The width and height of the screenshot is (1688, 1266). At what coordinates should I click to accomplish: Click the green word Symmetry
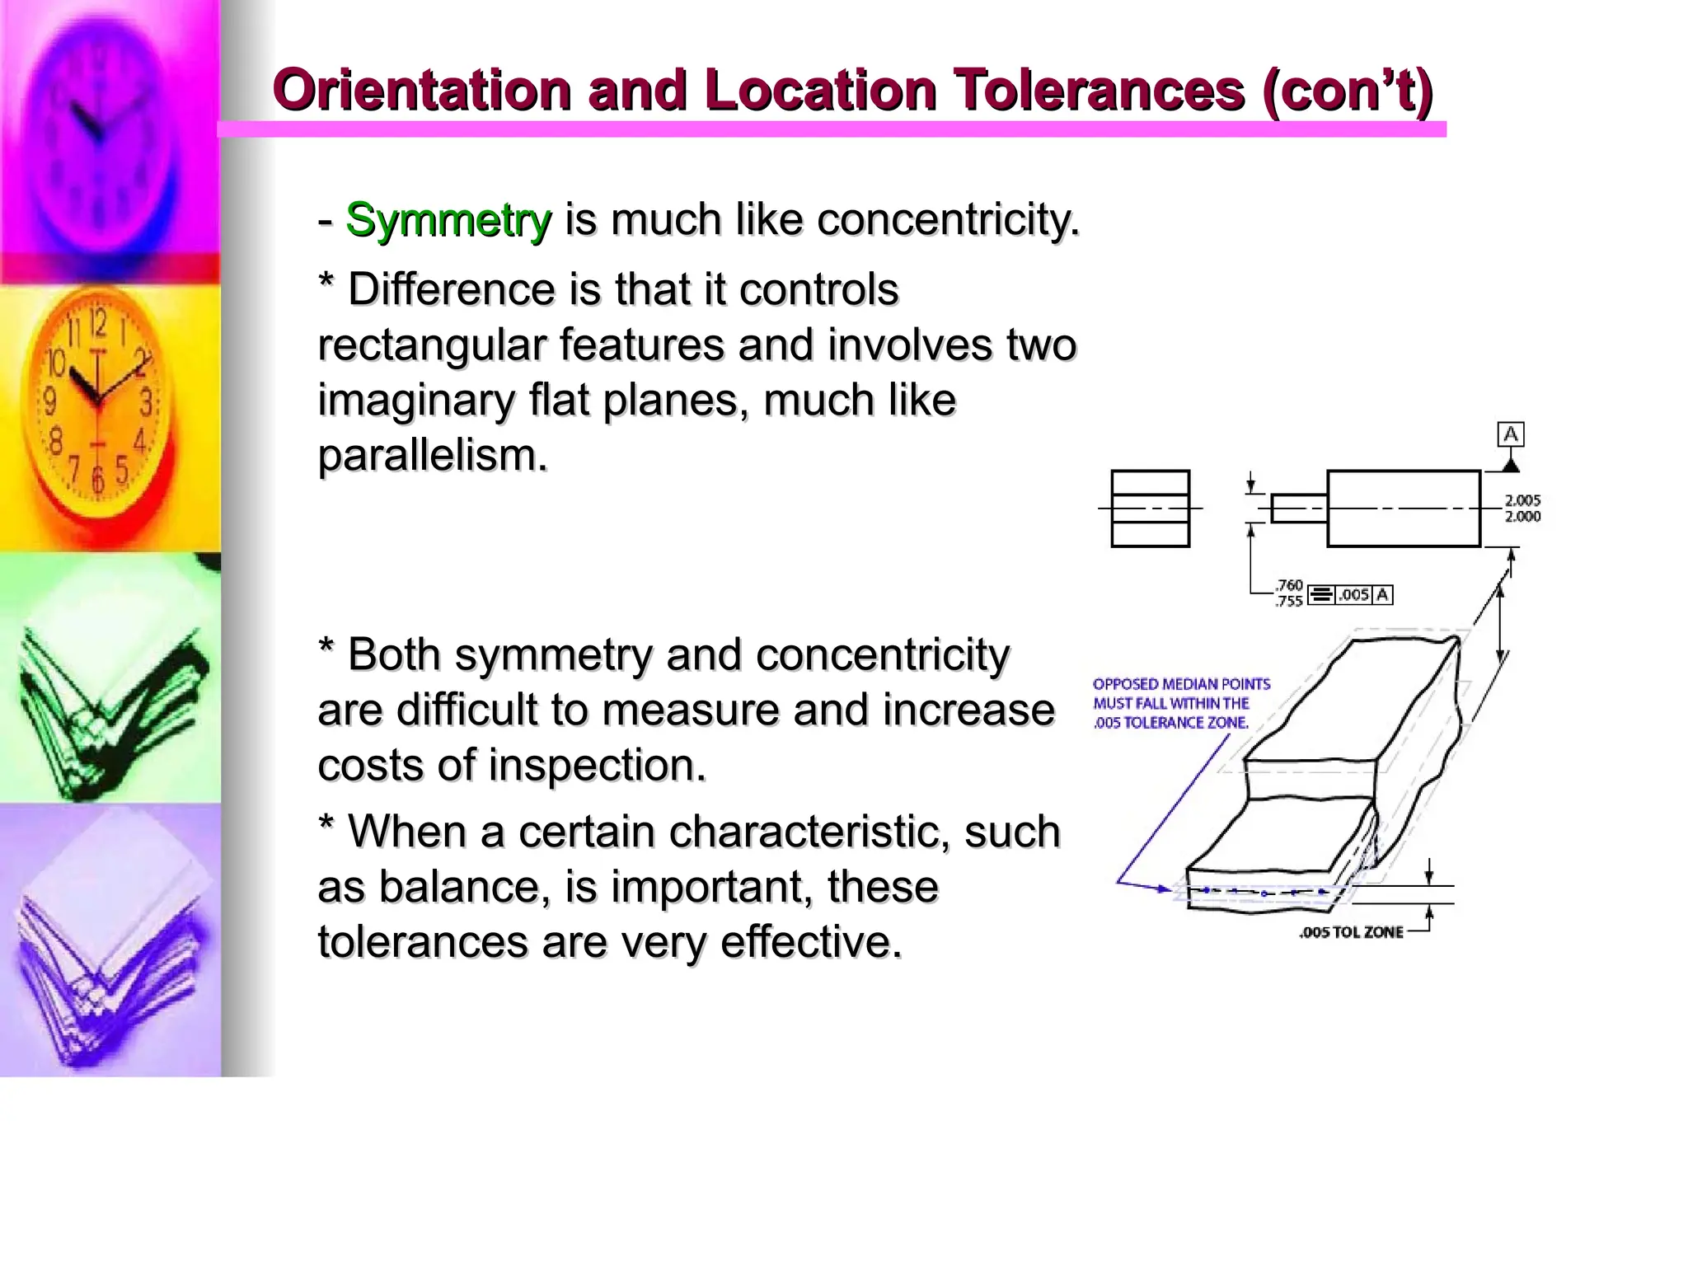click(x=448, y=221)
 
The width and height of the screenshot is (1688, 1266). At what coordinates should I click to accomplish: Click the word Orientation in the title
click(x=422, y=90)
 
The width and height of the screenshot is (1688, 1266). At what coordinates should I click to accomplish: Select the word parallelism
click(x=433, y=456)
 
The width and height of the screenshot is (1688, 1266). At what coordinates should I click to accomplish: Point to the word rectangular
click(x=431, y=345)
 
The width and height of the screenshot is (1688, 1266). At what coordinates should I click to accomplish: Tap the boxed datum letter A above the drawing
click(x=1510, y=434)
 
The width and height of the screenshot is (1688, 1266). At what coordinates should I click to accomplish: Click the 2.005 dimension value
click(x=1522, y=500)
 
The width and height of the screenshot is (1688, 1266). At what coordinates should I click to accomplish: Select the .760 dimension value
click(x=1289, y=585)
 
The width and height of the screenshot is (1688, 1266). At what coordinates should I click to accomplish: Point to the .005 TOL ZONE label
click(x=1351, y=932)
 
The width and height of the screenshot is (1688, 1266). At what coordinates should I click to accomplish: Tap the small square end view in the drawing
click(x=1150, y=509)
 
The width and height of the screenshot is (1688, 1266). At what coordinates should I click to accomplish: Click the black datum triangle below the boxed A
click(x=1510, y=466)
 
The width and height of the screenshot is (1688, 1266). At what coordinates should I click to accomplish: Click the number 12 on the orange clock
click(x=98, y=323)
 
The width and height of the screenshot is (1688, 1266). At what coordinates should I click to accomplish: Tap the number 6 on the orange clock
click(x=97, y=479)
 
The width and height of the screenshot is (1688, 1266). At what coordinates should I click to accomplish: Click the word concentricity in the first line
click(x=948, y=221)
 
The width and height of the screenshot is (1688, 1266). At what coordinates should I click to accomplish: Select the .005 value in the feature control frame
click(x=1353, y=594)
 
